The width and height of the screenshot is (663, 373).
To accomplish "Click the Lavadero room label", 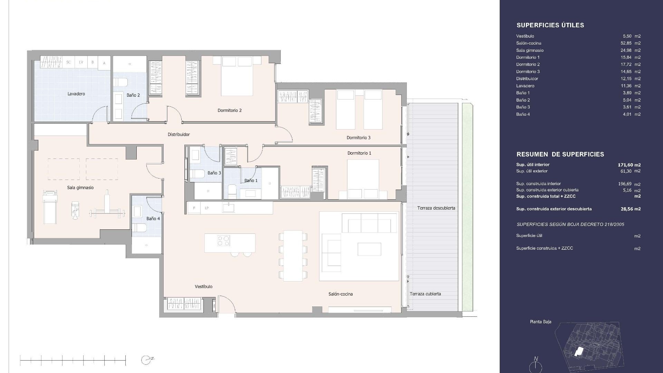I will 76,94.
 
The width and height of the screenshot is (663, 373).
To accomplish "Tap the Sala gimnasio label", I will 80,188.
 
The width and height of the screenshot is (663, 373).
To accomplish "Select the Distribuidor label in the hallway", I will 179,134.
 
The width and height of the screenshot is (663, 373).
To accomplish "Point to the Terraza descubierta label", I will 436,208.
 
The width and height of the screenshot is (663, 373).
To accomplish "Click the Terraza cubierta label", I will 425,294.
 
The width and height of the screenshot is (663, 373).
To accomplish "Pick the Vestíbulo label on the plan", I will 203,286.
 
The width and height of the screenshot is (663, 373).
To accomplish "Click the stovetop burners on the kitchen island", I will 223,240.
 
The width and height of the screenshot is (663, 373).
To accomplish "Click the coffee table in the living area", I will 369,249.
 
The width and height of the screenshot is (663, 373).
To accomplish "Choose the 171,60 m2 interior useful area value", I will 629,165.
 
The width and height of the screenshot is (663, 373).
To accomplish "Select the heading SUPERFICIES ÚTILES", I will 550,25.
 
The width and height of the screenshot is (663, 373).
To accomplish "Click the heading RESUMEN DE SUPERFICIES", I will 560,154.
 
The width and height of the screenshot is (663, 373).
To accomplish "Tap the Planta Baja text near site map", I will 540,322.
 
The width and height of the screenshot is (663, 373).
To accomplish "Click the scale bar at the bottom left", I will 73,360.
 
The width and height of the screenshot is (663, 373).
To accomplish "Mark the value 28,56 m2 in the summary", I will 631,209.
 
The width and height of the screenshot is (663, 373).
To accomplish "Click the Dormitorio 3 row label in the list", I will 528,71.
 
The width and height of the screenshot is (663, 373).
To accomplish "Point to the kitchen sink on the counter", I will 228,208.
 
